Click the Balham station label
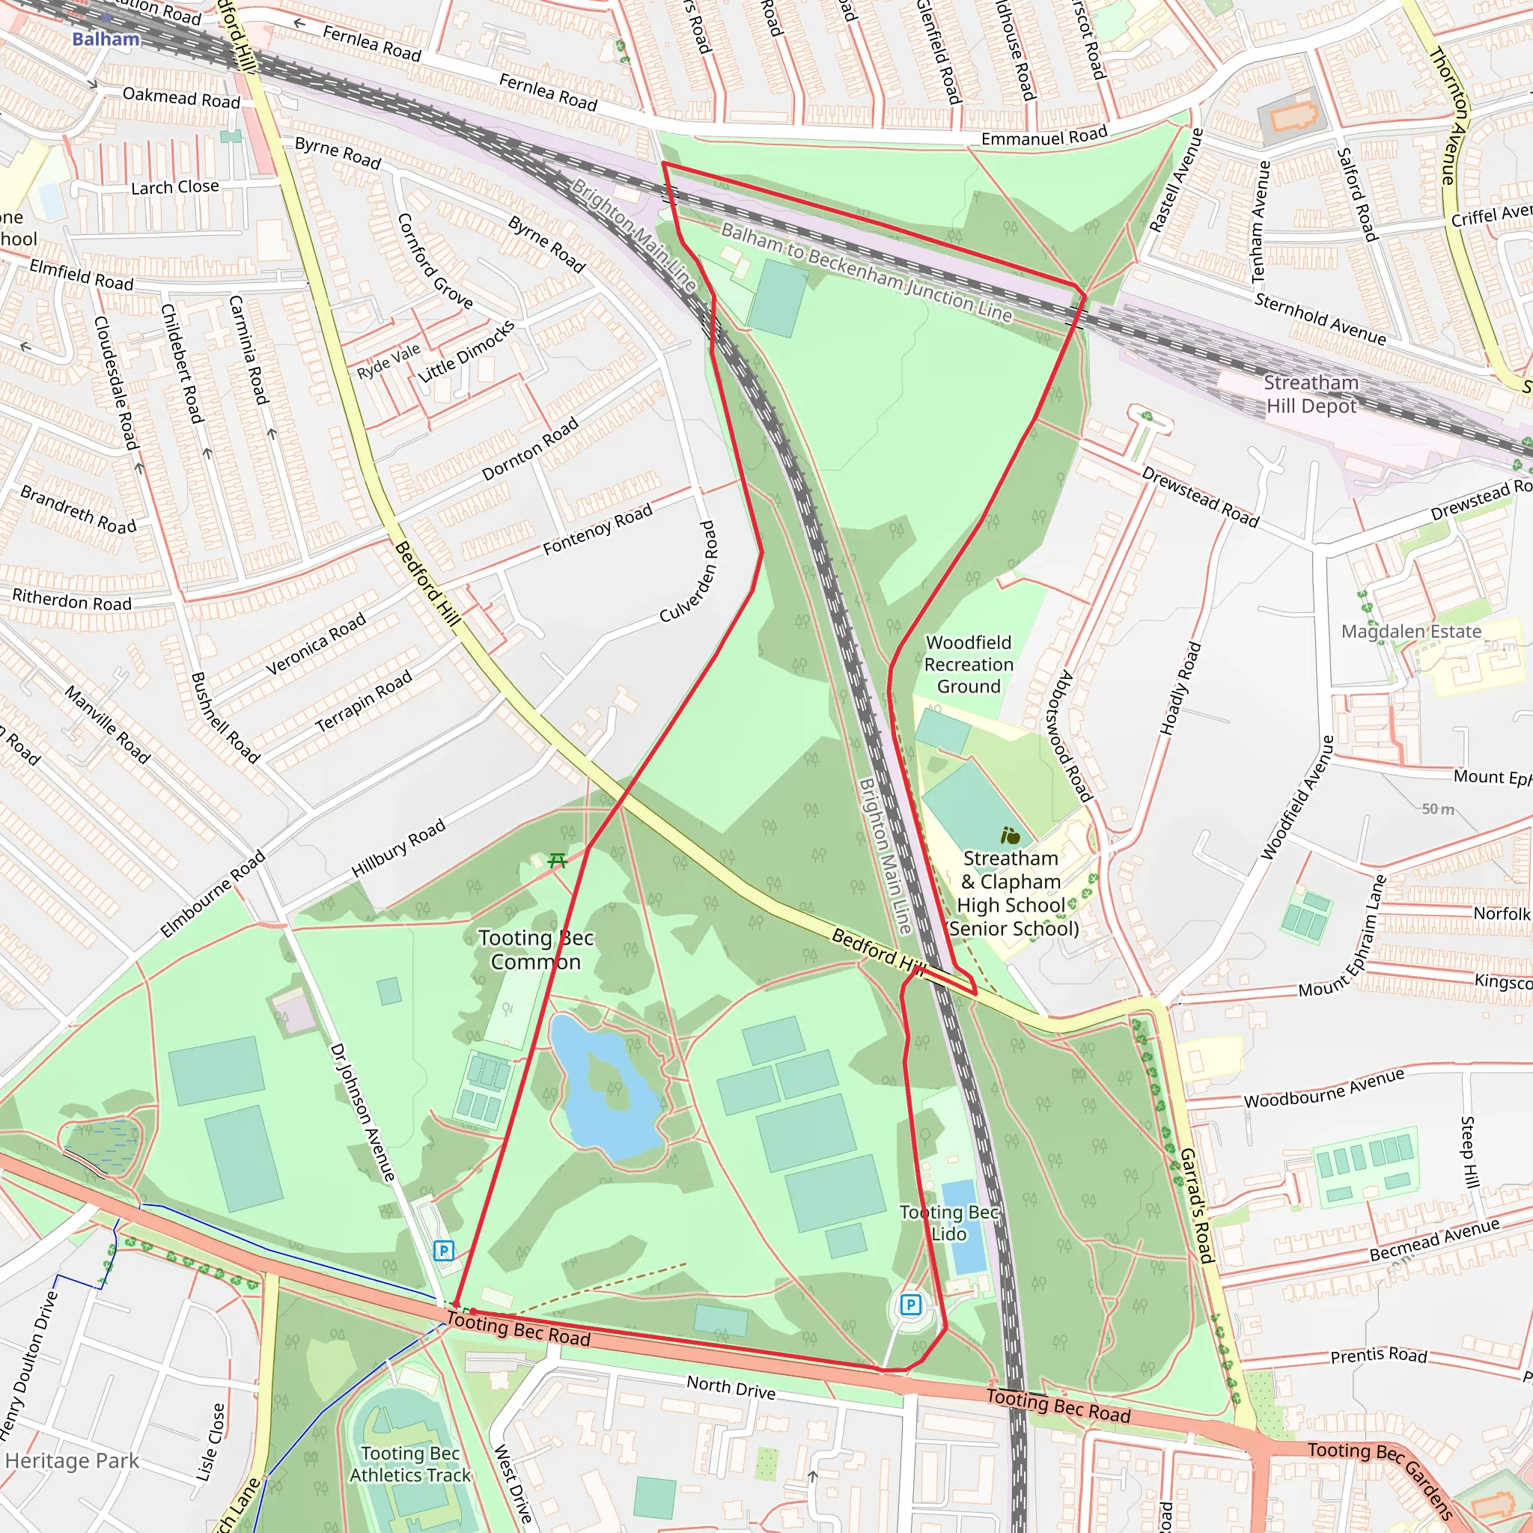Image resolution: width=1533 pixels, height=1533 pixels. click(106, 39)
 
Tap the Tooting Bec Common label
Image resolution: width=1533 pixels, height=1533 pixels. click(536, 950)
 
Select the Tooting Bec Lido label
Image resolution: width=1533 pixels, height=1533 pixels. click(948, 1223)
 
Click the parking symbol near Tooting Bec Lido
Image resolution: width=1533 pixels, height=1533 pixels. click(911, 1304)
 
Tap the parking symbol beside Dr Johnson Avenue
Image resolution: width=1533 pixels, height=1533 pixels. click(444, 1252)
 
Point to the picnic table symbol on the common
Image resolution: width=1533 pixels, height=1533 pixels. click(558, 860)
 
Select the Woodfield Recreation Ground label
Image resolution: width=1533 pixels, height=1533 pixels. click(968, 664)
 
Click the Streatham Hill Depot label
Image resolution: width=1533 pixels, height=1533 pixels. click(1311, 394)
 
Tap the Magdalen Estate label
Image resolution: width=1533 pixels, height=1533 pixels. click(1411, 632)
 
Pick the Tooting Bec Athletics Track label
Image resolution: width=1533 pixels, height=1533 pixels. click(410, 1464)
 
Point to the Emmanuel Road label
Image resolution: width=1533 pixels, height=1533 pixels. click(1044, 137)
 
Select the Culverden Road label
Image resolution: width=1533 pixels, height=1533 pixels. click(689, 571)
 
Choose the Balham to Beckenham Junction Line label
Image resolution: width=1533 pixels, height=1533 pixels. click(867, 272)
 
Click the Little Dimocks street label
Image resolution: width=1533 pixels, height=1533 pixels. click(466, 352)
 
